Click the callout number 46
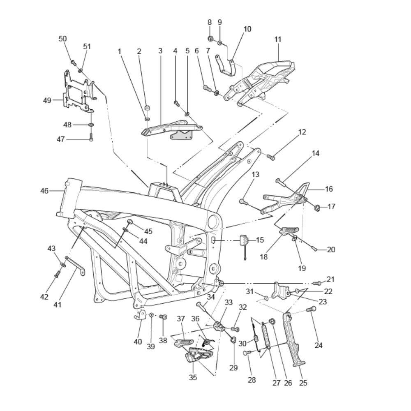pyautogui.click(x=44, y=191)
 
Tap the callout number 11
pyautogui.click(x=278, y=39)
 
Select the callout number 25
pyautogui.click(x=303, y=383)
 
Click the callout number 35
pyautogui.click(x=193, y=377)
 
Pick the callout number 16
pyautogui.click(x=329, y=189)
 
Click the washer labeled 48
pyautogui.click(x=91, y=124)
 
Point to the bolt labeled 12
pyautogui.click(x=271, y=157)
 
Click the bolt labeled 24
pyautogui.click(x=312, y=309)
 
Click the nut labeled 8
pyautogui.click(x=210, y=39)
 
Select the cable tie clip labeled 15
pyautogui.click(x=244, y=241)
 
